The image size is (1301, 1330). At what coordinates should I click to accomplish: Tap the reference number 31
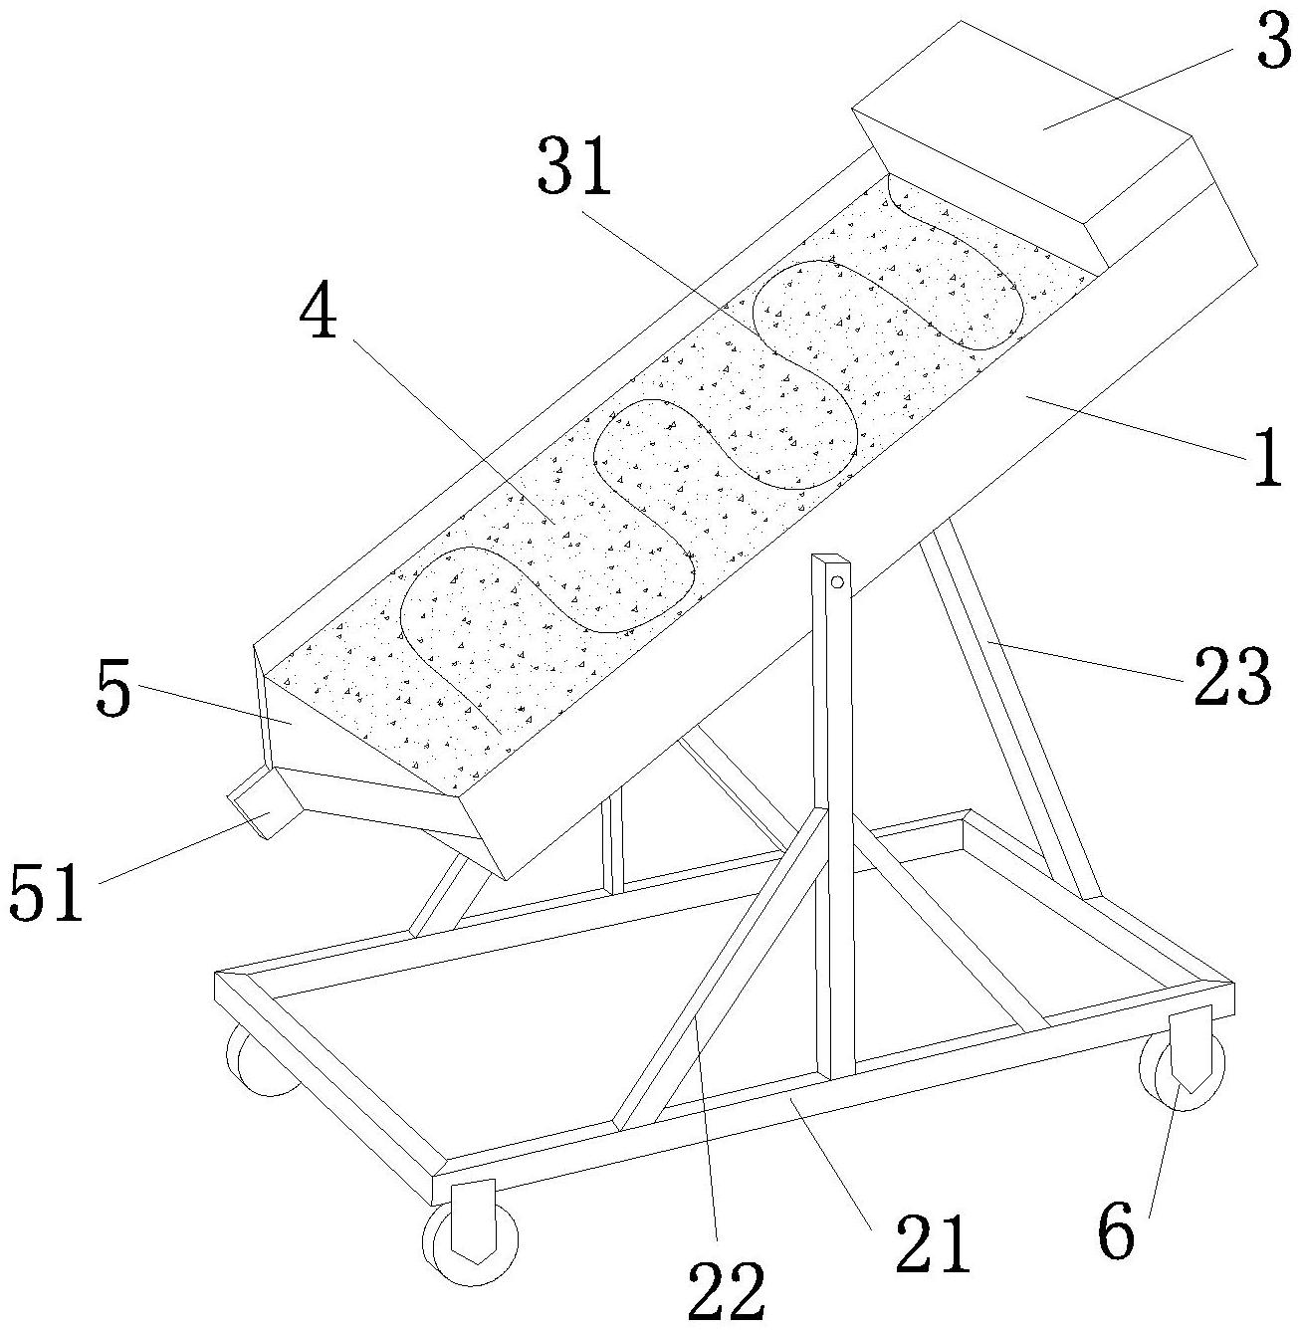574,167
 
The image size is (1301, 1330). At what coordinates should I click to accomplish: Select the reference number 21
931,1244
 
